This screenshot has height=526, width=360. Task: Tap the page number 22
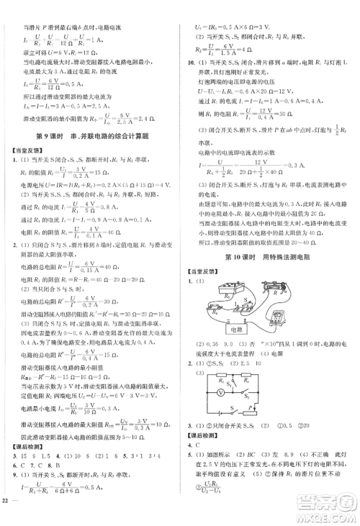6,520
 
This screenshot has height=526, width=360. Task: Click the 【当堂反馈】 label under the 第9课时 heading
19,150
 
